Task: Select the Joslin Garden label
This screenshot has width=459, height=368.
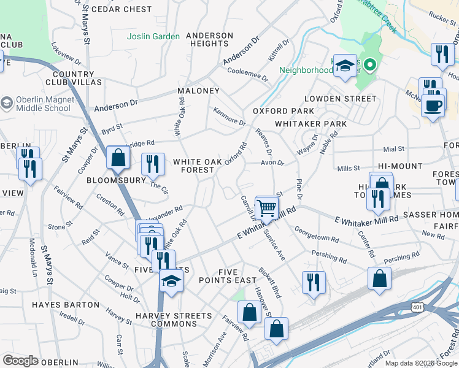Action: tap(153, 36)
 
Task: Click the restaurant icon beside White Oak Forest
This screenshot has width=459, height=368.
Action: tap(152, 164)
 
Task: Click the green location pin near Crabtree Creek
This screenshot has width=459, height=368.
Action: tap(369, 64)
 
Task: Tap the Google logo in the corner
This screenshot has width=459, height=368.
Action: tap(20, 361)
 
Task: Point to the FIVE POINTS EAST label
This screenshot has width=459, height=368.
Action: tap(227, 276)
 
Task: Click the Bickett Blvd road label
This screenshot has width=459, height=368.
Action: tap(269, 282)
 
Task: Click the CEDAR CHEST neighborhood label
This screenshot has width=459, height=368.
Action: tap(121, 9)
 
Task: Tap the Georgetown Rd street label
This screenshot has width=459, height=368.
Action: tap(317, 234)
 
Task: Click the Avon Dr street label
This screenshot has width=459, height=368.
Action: tap(272, 163)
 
